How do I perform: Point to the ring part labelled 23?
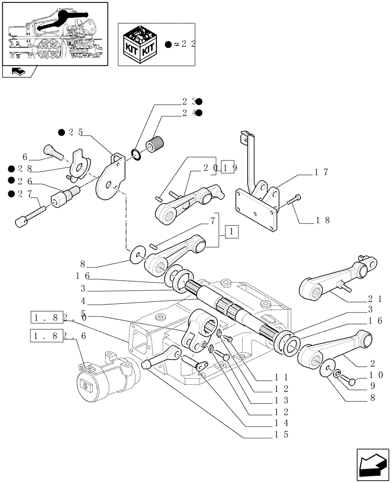137,155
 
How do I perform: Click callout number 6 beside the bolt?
25,156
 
